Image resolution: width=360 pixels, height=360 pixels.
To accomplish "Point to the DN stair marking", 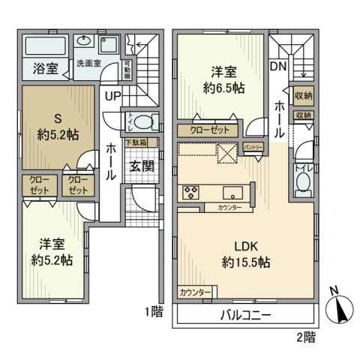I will (277, 67).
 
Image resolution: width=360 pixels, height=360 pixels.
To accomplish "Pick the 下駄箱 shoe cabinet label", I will (136, 142).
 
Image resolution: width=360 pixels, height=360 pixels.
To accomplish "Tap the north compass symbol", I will (342, 307).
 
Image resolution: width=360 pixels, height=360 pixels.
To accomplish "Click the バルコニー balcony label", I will (245, 315).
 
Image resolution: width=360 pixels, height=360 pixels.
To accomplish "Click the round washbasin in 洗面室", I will (85, 42).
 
